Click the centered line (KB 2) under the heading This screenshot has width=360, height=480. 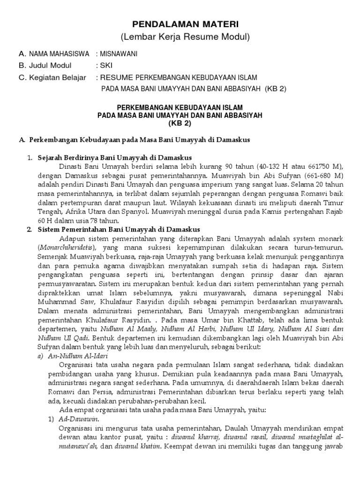(180, 123)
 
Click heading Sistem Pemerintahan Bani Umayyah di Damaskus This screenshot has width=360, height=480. (119, 229)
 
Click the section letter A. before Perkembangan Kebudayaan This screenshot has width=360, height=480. (22, 140)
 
